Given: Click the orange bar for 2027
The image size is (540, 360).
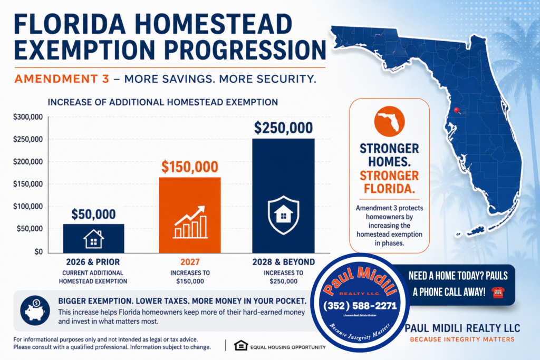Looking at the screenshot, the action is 190,215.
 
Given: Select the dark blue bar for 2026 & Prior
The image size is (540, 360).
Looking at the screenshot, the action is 94,239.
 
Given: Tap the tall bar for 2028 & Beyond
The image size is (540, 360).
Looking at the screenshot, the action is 283,196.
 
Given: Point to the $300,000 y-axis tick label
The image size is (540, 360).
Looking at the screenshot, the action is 28,117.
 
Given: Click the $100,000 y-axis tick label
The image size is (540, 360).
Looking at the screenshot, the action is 28,207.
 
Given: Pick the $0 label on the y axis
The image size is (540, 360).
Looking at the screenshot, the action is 38,251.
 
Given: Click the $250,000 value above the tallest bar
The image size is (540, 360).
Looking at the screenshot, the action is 283,128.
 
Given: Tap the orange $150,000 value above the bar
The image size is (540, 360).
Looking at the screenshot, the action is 190,167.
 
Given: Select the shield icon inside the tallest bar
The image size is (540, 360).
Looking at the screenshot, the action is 283,215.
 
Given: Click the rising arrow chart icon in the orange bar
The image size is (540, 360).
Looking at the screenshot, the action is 190,222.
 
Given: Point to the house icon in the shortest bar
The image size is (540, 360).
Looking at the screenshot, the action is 94,239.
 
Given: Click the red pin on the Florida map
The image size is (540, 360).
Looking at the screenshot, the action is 456,110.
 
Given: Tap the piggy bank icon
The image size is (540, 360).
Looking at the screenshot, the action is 35,310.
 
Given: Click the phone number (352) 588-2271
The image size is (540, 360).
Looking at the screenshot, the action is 360,306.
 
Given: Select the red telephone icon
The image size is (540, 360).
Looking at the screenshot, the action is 498,293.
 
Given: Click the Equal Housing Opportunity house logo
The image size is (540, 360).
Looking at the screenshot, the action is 241,345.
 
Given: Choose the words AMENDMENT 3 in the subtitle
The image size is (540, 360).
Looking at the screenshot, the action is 62,79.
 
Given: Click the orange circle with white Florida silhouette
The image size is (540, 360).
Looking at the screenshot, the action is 390,121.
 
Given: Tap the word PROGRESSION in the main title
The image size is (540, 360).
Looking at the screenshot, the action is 245,50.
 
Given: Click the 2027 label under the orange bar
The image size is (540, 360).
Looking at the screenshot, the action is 190,262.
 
